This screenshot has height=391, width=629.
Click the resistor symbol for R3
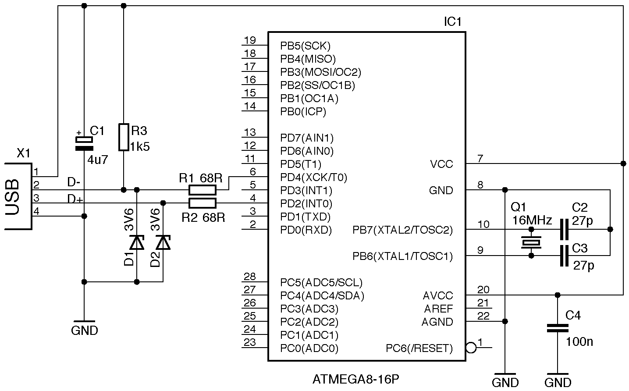point(124,137)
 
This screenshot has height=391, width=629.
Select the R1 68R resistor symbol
point(202,190)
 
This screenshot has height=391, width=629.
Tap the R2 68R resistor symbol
point(202,203)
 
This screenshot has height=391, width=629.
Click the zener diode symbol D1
point(137,242)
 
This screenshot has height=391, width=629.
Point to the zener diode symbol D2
point(163,242)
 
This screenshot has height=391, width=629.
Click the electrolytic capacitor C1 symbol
point(84,143)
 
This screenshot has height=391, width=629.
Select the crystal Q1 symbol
point(531,242)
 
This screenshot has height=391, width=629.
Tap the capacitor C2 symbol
point(564,229)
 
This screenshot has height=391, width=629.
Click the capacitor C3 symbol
point(564,256)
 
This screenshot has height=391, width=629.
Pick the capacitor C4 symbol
point(558,328)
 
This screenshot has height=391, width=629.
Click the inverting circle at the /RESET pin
point(471,348)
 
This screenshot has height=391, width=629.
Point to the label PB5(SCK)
point(305,46)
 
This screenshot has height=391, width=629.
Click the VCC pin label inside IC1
point(441,164)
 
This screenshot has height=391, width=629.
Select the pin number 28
point(249,277)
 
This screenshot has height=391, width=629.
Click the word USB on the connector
point(14,197)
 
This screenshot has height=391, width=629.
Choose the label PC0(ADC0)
point(309,349)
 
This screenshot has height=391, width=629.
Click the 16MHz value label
point(532,220)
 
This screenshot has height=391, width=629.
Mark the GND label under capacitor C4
point(558,382)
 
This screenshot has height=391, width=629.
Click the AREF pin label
point(438,309)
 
